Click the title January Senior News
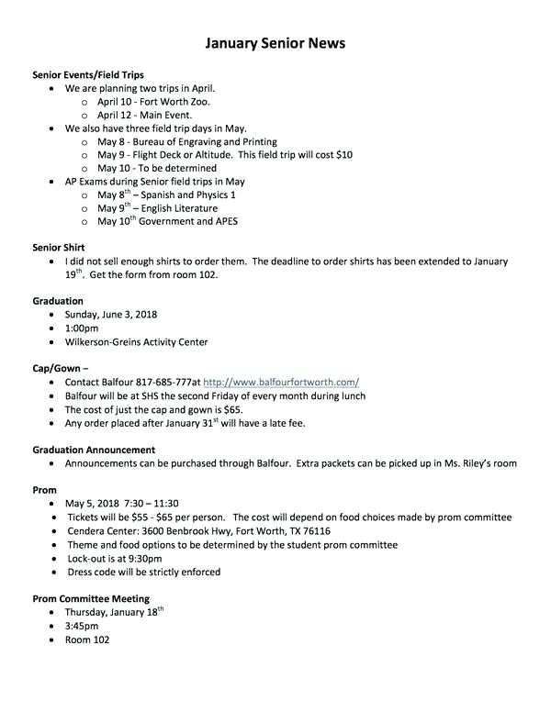(x=275, y=43)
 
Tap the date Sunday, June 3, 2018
(x=111, y=315)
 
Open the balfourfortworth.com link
(x=280, y=383)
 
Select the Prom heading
(x=45, y=491)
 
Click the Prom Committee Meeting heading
(x=90, y=598)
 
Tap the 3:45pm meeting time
(x=82, y=626)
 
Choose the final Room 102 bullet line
(x=87, y=640)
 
